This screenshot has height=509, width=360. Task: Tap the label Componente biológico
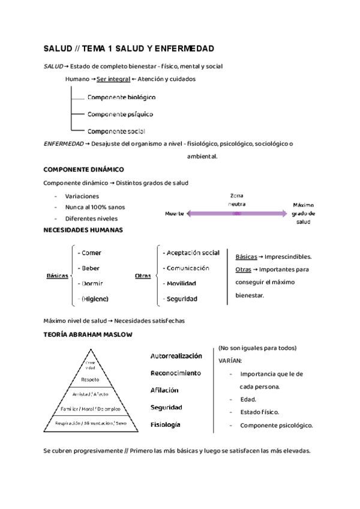click(121, 97)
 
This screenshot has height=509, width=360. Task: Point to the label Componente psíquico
click(120, 113)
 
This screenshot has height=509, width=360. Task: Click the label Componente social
click(116, 131)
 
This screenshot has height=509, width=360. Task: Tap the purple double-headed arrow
click(237, 213)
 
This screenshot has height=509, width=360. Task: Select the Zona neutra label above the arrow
click(237, 200)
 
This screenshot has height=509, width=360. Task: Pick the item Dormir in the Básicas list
click(92, 283)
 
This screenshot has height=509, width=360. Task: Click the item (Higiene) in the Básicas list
click(95, 298)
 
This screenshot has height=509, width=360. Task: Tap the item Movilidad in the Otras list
click(182, 283)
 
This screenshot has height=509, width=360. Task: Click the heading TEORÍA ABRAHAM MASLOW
click(88, 334)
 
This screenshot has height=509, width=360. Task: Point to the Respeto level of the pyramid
click(90, 380)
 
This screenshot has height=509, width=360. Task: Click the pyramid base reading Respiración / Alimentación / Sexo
click(91, 423)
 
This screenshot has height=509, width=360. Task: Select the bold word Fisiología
click(165, 425)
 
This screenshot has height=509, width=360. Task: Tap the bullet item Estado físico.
click(259, 412)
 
